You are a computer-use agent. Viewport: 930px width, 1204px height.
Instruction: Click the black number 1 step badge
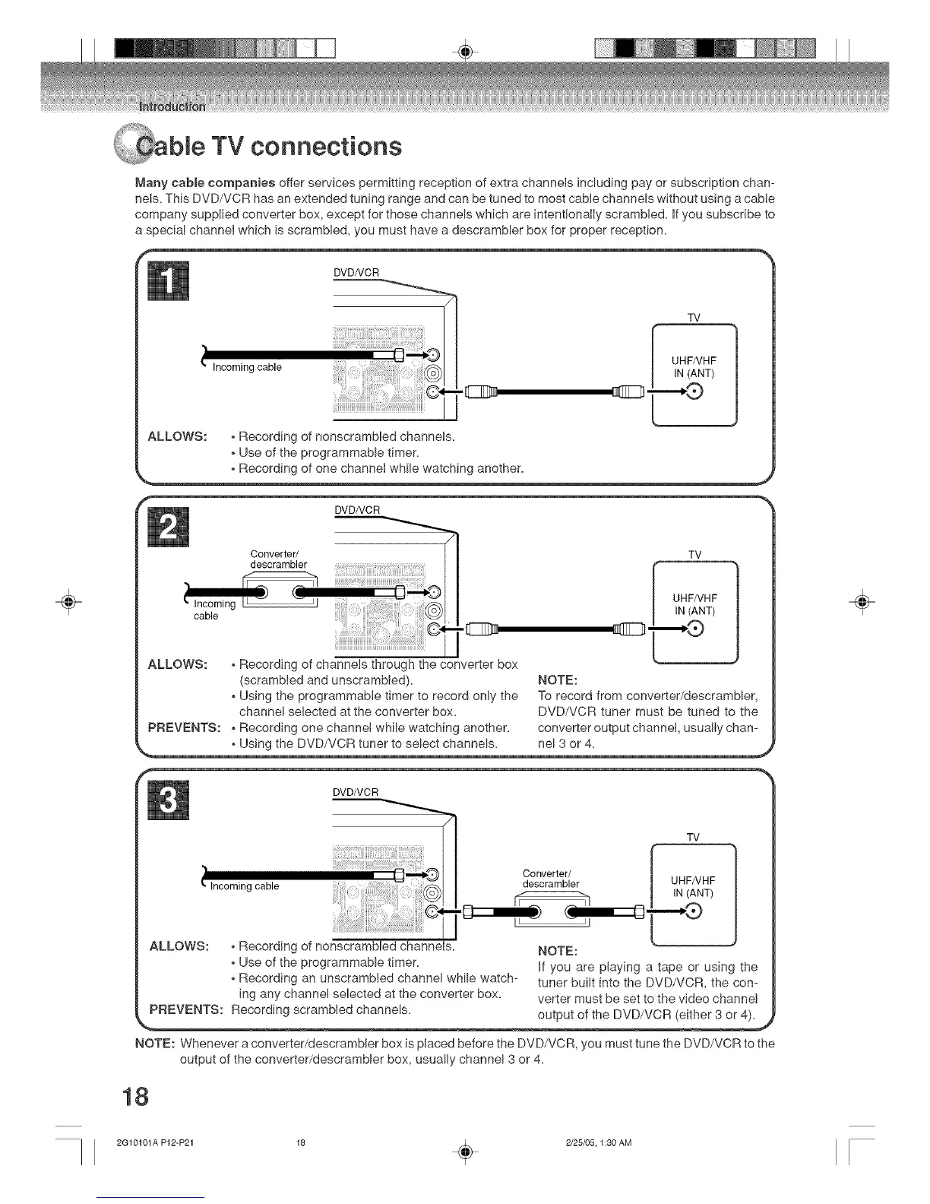pos(171,282)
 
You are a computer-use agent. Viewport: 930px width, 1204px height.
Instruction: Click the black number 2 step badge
pos(171,524)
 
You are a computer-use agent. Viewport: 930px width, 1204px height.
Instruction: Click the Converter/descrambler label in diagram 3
pos(551,878)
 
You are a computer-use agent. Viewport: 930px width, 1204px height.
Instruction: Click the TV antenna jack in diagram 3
pos(694,912)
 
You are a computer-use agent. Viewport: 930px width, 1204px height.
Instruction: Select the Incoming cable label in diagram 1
pos(247,368)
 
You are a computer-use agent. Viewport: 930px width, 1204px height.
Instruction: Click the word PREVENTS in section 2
pos(185,728)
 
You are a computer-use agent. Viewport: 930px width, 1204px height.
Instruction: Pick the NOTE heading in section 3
pos(558,951)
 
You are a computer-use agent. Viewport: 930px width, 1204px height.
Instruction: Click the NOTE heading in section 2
pos(558,679)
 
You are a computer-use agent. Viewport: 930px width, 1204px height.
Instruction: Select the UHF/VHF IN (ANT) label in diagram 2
pos(694,604)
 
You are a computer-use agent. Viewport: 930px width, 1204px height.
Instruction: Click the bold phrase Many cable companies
pos(205,183)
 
